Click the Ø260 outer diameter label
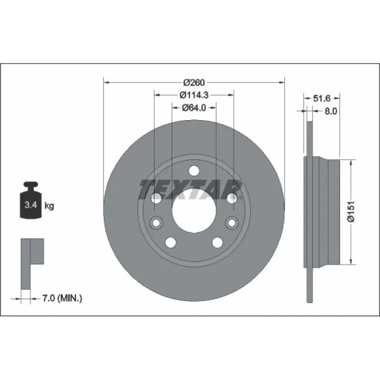pos(194,83)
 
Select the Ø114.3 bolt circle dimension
pos(194,95)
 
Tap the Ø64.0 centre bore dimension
pos(194,108)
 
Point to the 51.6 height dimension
pos(322,98)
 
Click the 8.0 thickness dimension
pos(331,111)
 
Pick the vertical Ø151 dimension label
pos(351,211)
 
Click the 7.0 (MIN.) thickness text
pos(62,298)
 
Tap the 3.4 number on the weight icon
pos(31,205)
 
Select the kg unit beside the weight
pos(49,206)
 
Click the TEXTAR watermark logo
pos(190,190)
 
